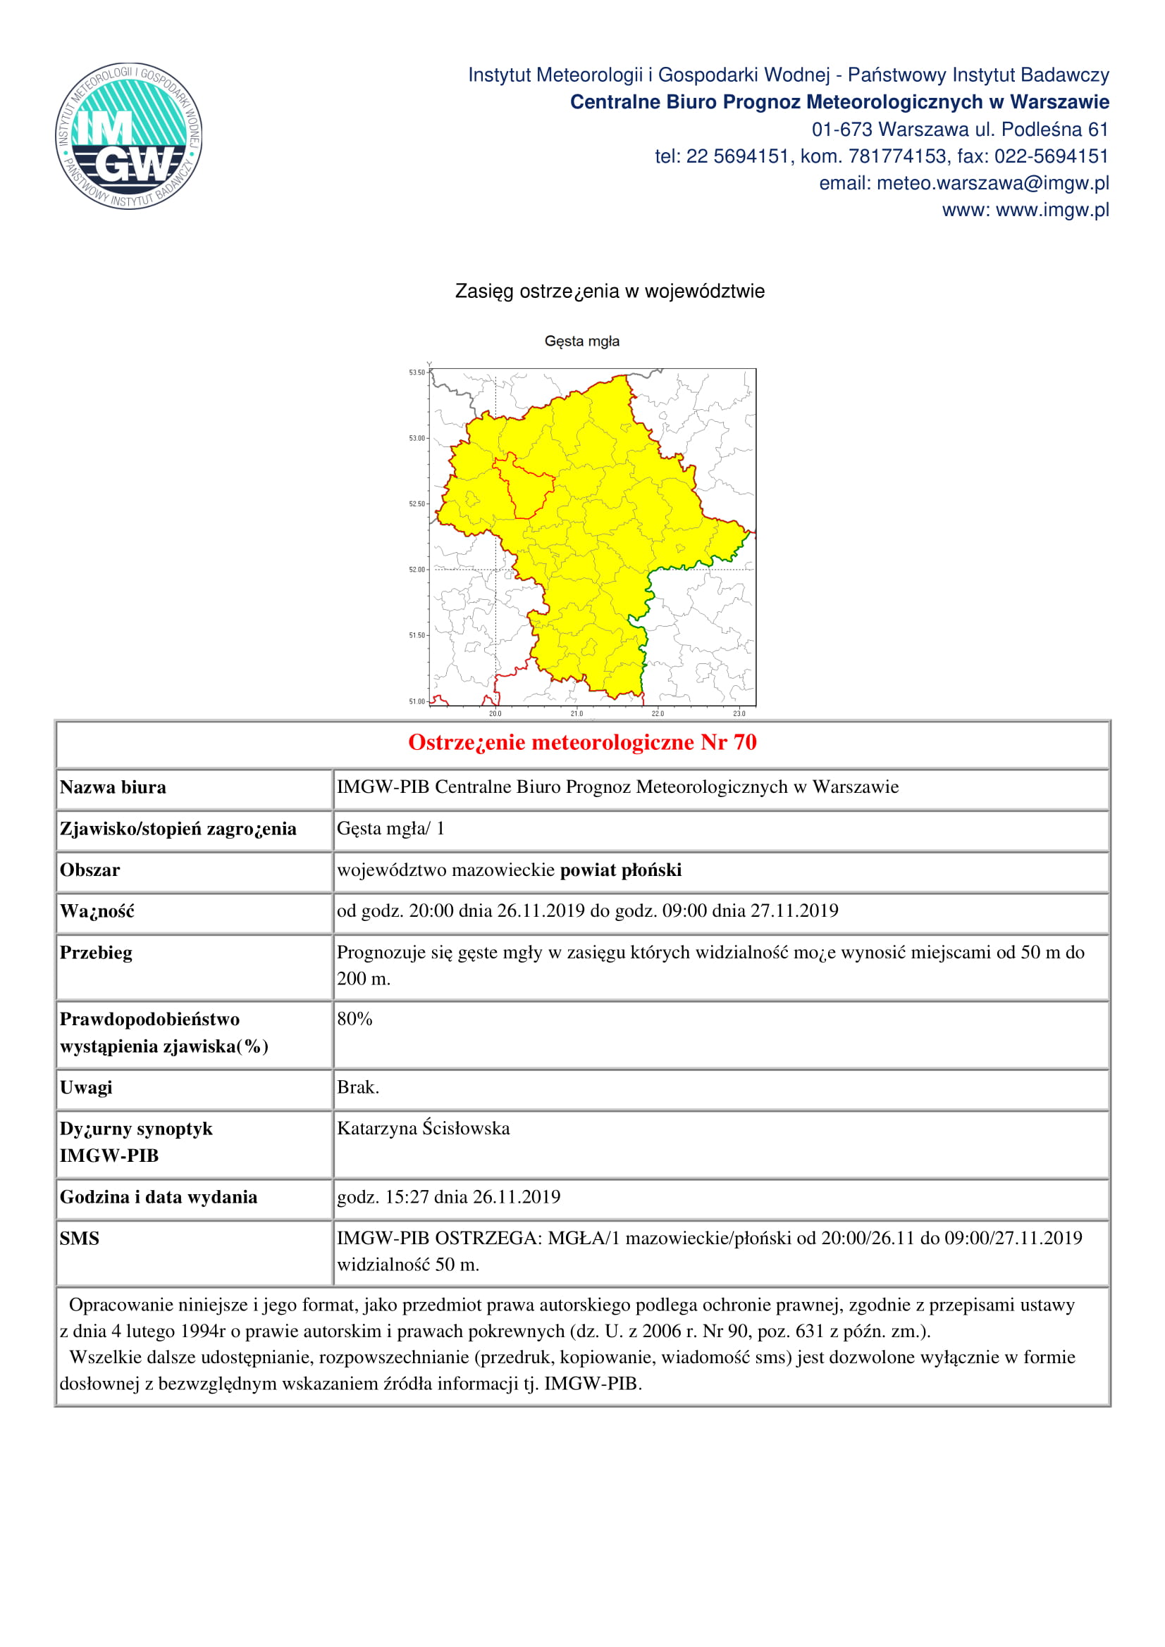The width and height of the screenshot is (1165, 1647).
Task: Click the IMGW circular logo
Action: tap(128, 136)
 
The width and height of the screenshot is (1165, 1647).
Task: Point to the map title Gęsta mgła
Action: tap(581, 342)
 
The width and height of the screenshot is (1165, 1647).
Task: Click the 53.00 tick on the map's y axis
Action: tap(417, 438)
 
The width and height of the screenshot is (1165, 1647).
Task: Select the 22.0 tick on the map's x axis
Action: tap(658, 714)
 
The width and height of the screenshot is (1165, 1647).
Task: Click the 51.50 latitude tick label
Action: tap(417, 636)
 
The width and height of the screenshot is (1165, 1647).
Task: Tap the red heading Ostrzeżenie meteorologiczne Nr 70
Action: tap(582, 742)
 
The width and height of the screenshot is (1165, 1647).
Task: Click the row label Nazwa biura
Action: tap(113, 788)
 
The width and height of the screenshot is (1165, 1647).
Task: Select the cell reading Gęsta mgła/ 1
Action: tap(390, 829)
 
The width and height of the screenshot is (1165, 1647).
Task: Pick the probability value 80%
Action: tap(355, 1020)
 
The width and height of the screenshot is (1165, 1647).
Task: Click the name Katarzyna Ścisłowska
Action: tap(424, 1128)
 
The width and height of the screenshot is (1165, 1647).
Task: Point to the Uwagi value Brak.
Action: tap(357, 1087)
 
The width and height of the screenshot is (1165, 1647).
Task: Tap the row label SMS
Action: tap(80, 1239)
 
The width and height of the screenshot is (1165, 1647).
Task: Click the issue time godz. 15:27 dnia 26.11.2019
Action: tap(449, 1197)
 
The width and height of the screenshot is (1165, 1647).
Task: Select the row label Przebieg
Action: tap(96, 953)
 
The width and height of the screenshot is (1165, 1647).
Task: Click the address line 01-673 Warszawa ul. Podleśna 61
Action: tap(960, 130)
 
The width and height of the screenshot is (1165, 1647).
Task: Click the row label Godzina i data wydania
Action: tap(159, 1197)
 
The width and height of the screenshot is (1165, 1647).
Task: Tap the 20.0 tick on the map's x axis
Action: tap(495, 714)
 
